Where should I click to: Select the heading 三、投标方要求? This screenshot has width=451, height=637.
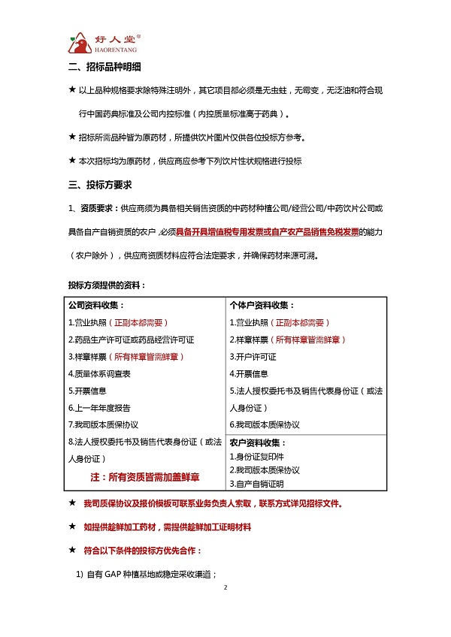[x=100, y=184]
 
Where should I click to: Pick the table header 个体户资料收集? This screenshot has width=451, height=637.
[x=262, y=305]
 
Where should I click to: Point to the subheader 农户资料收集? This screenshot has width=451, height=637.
[x=258, y=443]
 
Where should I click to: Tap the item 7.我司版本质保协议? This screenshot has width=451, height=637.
[x=106, y=424]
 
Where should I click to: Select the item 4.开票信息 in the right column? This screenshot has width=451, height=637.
[x=251, y=373]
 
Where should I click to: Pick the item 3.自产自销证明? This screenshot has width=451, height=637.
[x=255, y=483]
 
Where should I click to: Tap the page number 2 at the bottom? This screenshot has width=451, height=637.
[x=225, y=608]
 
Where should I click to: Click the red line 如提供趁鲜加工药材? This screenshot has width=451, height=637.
[x=167, y=527]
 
